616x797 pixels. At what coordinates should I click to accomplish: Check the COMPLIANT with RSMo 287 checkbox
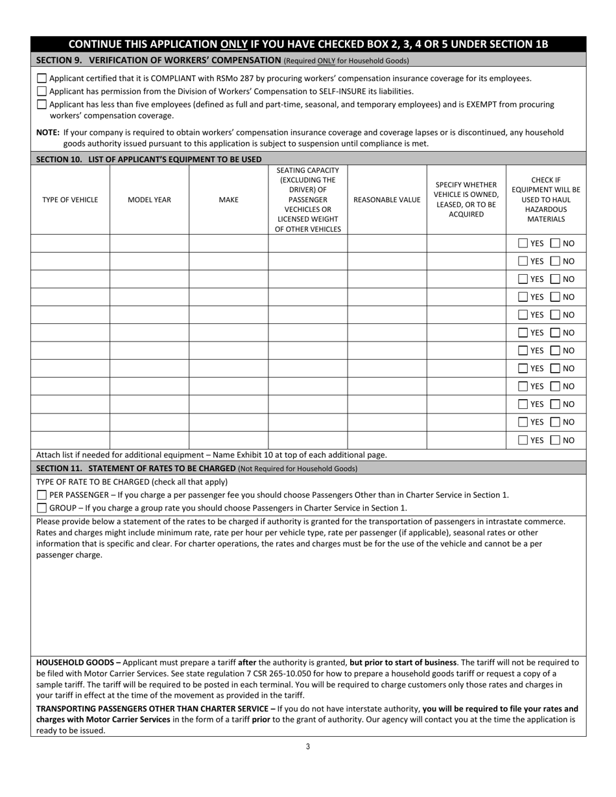(41, 78)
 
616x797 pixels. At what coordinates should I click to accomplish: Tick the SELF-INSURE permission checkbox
(41, 91)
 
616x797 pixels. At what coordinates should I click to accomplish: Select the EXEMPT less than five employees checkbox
(41, 104)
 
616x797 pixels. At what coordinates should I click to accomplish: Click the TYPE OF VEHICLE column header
(70, 200)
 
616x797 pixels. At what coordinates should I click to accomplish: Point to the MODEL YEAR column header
(149, 200)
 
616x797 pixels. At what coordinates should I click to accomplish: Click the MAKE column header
(228, 200)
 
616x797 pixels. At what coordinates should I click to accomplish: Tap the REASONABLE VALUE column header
(386, 200)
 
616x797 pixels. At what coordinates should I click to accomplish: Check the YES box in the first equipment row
(523, 244)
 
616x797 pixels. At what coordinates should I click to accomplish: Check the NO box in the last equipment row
(555, 440)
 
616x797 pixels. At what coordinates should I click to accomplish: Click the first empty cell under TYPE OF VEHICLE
(70, 244)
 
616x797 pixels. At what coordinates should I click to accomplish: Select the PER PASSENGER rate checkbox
(41, 495)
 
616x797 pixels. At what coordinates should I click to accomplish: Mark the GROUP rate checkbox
(41, 508)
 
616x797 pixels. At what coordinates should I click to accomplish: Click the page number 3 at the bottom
(308, 746)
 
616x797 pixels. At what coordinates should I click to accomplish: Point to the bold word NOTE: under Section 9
(48, 132)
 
